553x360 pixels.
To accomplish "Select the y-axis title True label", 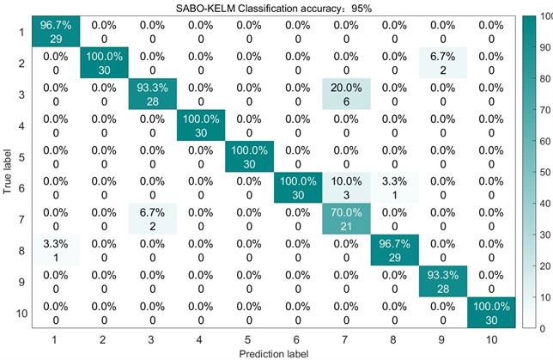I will coord(8,172).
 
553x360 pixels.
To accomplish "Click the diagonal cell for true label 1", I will coord(54,31).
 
